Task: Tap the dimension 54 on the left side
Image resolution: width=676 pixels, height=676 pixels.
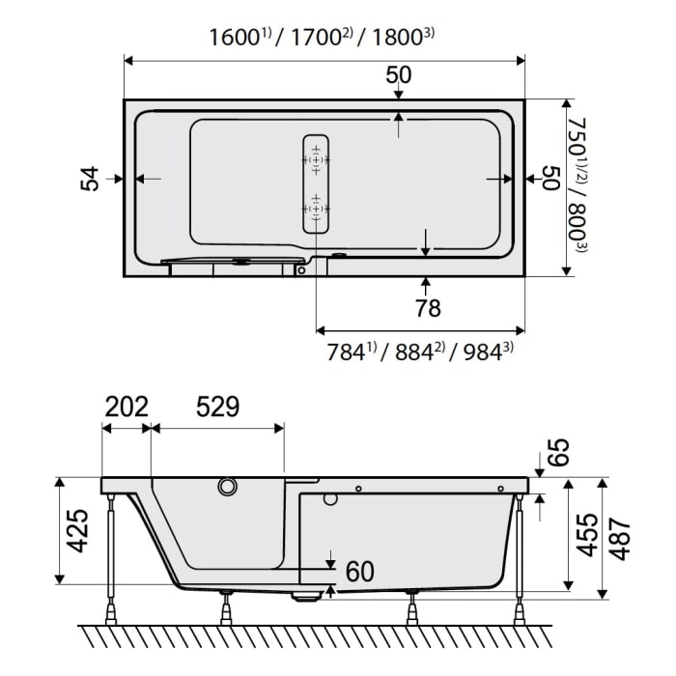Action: coord(90,179)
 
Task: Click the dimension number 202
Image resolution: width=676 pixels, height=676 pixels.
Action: coord(126,407)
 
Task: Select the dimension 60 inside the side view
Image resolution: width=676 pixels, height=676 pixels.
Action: coord(359,572)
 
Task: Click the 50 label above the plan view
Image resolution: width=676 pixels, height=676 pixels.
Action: coord(398,74)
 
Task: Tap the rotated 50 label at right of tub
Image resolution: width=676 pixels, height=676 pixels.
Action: coord(550,179)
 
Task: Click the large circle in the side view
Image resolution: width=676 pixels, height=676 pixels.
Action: coord(228,487)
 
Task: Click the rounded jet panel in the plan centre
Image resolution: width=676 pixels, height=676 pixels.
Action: coord(316,183)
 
